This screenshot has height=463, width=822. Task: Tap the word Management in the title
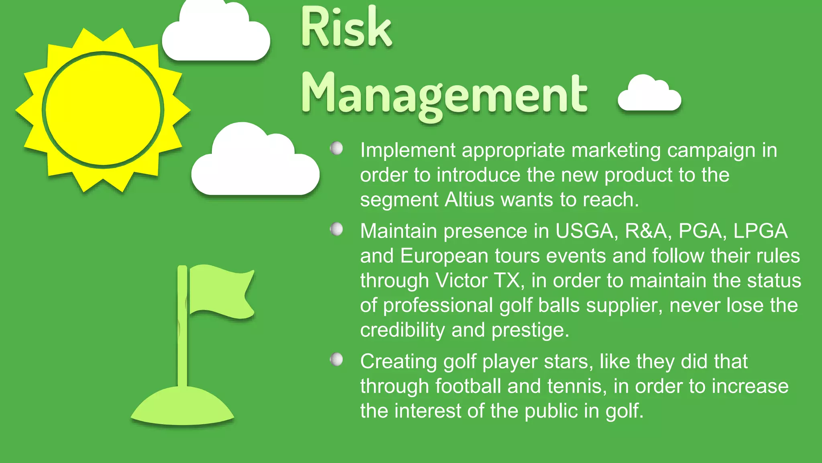click(444, 94)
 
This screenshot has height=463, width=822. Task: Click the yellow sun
click(103, 109)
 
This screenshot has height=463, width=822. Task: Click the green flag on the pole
click(221, 291)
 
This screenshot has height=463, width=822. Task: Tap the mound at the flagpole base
click(182, 406)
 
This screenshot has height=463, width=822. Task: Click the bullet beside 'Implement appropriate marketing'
click(336, 148)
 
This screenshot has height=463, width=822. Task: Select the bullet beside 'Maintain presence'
click(336, 229)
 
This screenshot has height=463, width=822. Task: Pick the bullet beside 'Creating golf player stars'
click(336, 359)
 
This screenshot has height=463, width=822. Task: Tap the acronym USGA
click(584, 231)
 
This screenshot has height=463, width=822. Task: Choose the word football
click(468, 386)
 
